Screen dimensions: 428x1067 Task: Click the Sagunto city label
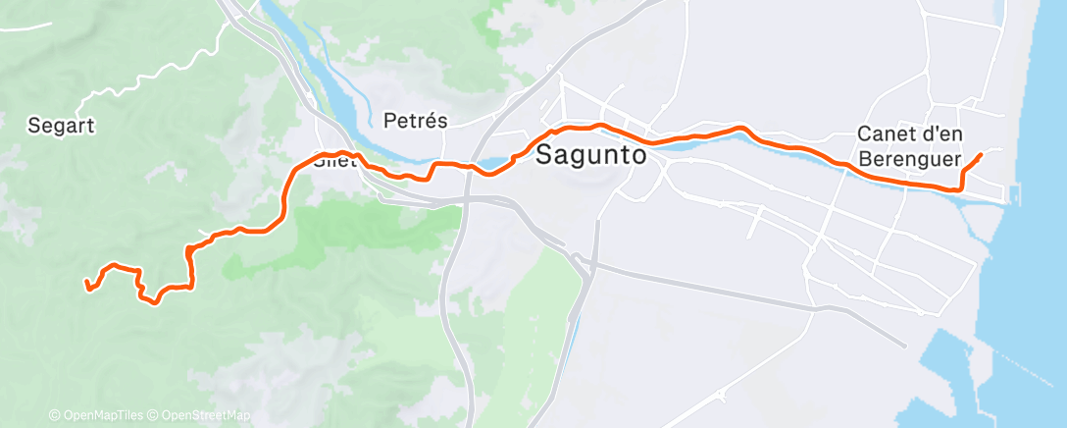pos(591,155)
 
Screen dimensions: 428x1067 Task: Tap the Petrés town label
pos(415,122)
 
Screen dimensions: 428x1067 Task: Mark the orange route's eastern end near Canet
pos(982,155)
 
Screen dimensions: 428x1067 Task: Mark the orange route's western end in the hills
pos(87,285)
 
